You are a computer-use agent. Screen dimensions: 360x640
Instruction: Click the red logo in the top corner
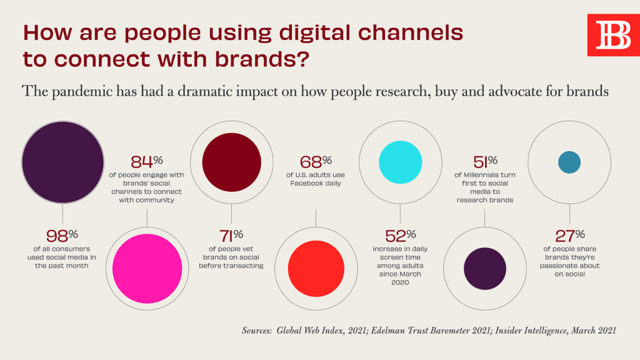pos(613,34)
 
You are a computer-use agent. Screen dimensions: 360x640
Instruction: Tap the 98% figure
pos(62,236)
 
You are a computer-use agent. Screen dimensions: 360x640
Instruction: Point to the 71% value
pos(231,236)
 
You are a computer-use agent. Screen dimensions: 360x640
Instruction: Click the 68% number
pos(316,164)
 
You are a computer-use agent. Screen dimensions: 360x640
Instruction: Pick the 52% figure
pos(400,236)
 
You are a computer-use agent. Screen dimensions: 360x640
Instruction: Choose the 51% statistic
pos(484,164)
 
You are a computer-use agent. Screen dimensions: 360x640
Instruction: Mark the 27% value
pos(569,236)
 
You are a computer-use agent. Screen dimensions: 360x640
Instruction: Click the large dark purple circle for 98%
pos(62,162)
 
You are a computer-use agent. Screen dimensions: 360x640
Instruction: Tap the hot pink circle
pos(147,268)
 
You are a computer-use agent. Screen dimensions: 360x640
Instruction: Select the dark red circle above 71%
pos(231,162)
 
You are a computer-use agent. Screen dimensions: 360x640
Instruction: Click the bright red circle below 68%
pos(316,268)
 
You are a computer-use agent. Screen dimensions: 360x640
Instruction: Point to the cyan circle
pos(401,162)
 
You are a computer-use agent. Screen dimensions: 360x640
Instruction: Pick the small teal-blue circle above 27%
pos(569,162)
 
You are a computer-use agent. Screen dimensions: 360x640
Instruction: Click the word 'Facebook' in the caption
pos(307,184)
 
